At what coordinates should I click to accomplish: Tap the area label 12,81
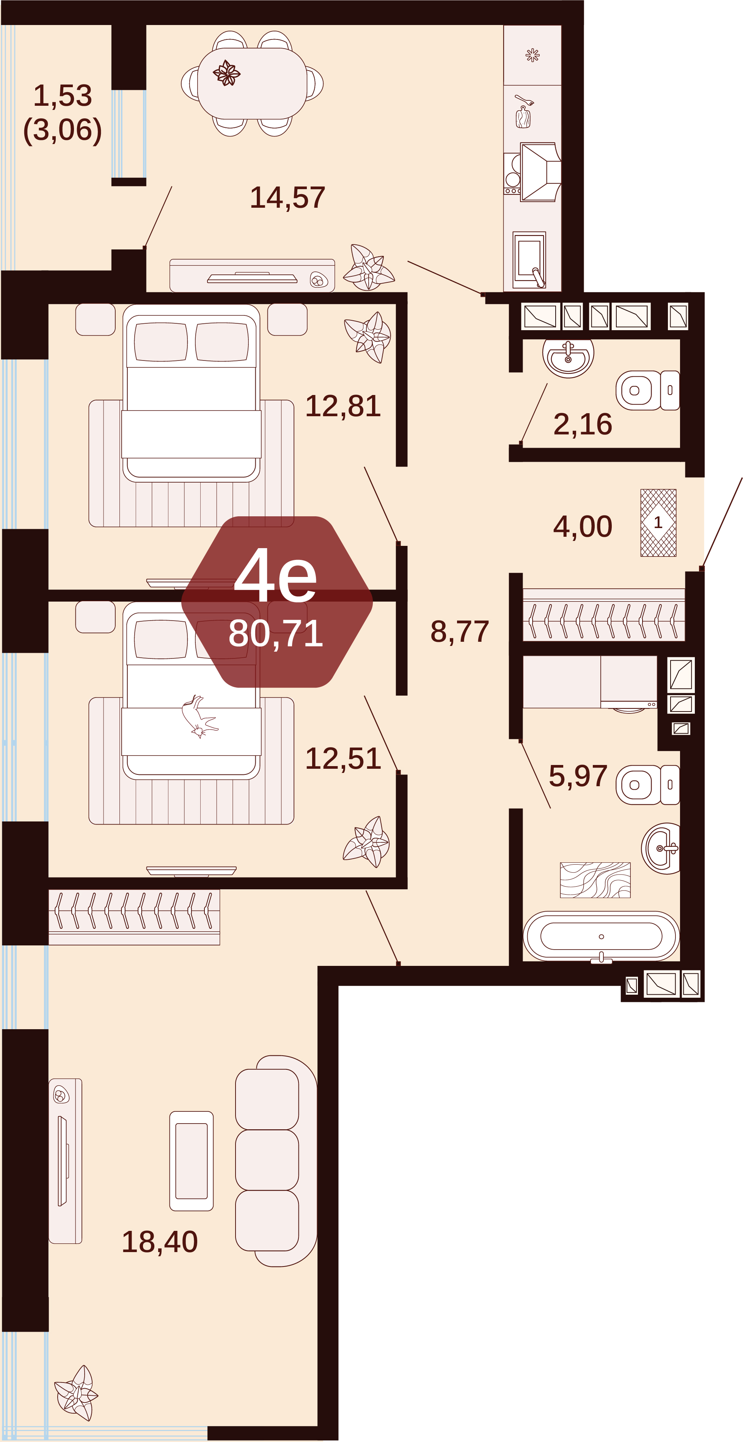[x=342, y=406]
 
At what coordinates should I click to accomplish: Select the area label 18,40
[x=160, y=1241]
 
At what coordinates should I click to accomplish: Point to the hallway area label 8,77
[x=460, y=632]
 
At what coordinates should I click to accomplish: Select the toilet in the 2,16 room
[x=648, y=390]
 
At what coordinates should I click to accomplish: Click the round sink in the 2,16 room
[x=568, y=357]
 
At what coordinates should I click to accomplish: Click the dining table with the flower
[x=252, y=83]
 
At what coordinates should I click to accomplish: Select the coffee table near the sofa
[x=192, y=1161]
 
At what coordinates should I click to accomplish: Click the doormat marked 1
[x=658, y=523]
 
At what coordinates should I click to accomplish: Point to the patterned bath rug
[x=595, y=880]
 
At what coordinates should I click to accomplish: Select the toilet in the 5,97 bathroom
[x=648, y=785]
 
